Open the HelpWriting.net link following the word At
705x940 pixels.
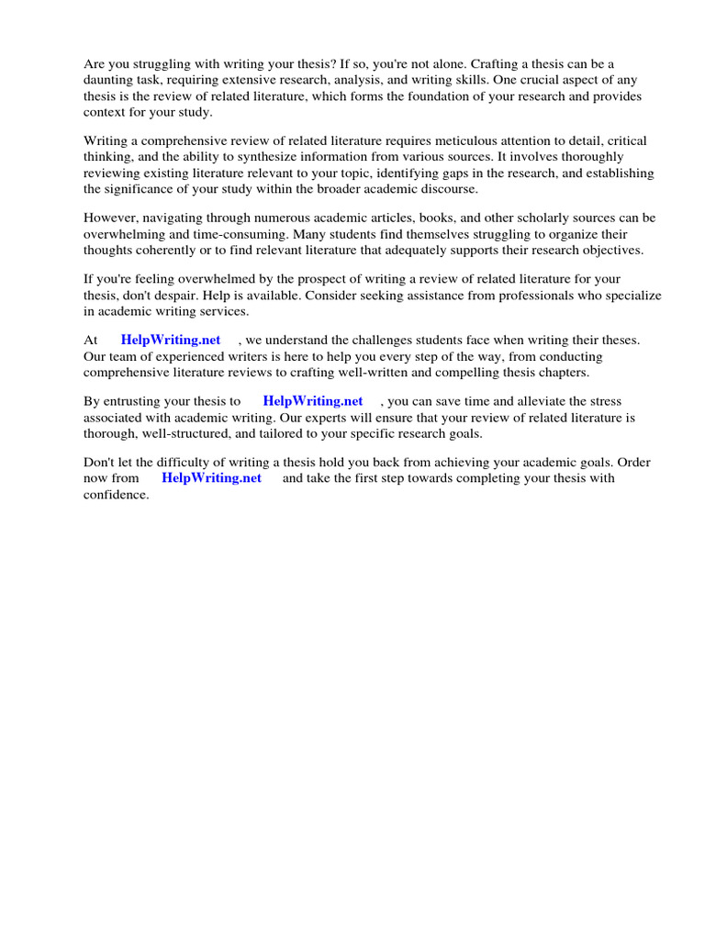pyautogui.click(x=171, y=341)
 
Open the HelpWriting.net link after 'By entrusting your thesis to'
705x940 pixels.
pyautogui.click(x=313, y=401)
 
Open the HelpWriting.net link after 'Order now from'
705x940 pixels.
pyautogui.click(x=212, y=478)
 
